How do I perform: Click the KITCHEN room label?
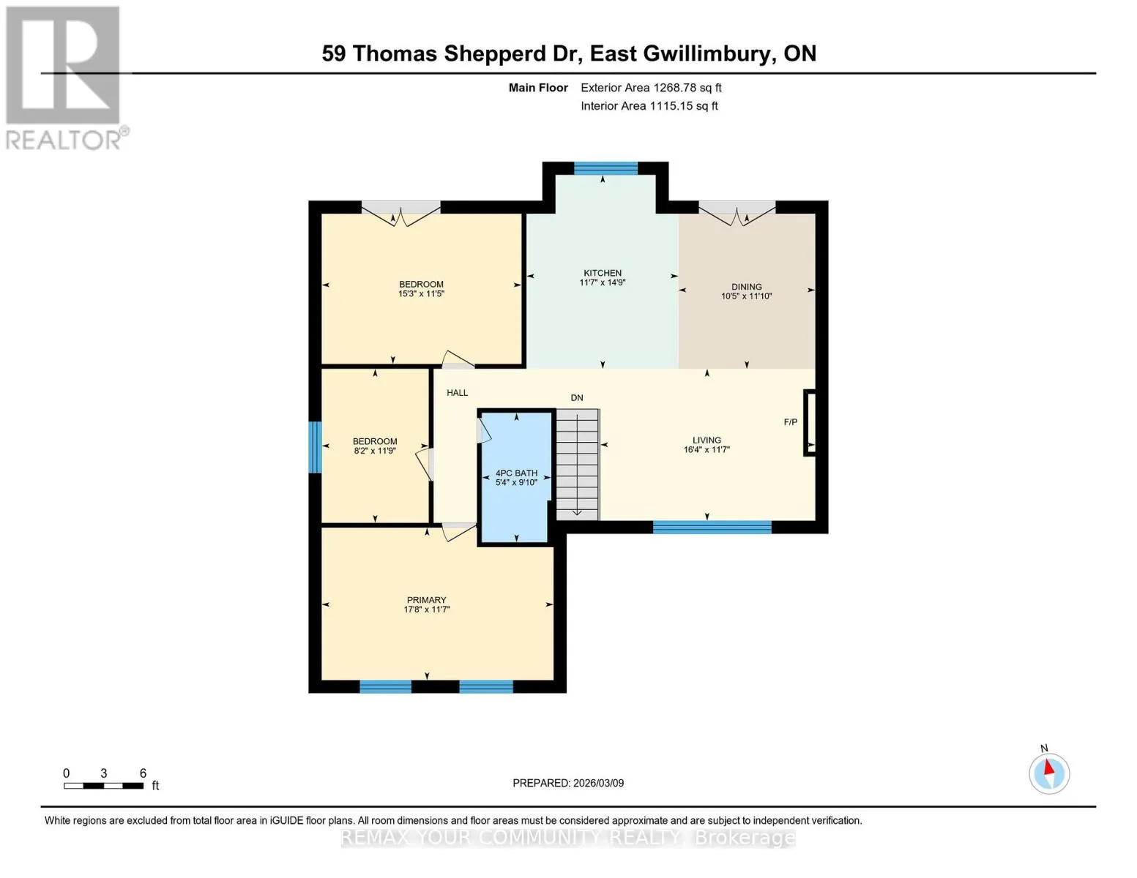pyautogui.click(x=603, y=273)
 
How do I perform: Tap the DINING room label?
pyautogui.click(x=746, y=287)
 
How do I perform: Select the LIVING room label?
pyautogui.click(x=707, y=440)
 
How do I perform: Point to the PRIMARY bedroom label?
pyautogui.click(x=426, y=600)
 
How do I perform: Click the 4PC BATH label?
pyautogui.click(x=516, y=473)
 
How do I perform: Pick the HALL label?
pyautogui.click(x=457, y=393)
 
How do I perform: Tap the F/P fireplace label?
pyautogui.click(x=790, y=422)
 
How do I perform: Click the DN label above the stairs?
pyautogui.click(x=577, y=398)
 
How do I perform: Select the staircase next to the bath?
pyautogui.click(x=577, y=465)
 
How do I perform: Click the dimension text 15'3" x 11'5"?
pyautogui.click(x=421, y=294)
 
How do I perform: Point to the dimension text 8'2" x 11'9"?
pyautogui.click(x=375, y=451)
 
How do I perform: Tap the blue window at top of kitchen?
pyautogui.click(x=605, y=168)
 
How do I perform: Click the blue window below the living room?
pyautogui.click(x=712, y=527)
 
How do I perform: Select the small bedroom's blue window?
pyautogui.click(x=315, y=447)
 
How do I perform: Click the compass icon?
pyautogui.click(x=1049, y=773)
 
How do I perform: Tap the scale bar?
pyautogui.click(x=104, y=785)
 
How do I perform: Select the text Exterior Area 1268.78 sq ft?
pyautogui.click(x=651, y=88)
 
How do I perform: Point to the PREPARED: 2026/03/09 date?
pyautogui.click(x=568, y=783)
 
